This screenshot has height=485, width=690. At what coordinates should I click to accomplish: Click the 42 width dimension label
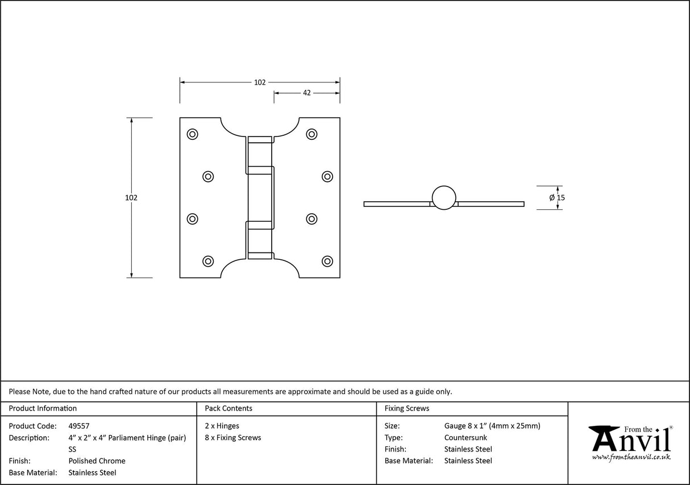pos(306,93)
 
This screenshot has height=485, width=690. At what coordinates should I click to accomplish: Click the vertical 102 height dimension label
pos(131,198)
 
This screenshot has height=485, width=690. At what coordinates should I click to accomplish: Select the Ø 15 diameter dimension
pos(557,198)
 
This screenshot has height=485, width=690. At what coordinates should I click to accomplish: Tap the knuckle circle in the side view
pos(443,197)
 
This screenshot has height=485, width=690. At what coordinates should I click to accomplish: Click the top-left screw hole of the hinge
pos(192,134)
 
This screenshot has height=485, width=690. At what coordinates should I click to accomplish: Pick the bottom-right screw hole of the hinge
pos(327,261)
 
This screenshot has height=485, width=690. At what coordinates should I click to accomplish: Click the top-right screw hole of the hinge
pos(311,134)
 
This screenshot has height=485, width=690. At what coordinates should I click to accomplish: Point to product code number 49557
pos(79,426)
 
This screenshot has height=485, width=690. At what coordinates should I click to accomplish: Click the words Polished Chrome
pos(97,461)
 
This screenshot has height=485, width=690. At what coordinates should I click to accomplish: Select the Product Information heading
pos(43,408)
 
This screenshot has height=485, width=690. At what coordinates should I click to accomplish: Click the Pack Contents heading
pos(228,408)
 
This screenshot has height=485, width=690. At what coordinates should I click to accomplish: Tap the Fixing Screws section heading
pos(407,408)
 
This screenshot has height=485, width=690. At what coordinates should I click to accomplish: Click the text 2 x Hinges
pos(222,426)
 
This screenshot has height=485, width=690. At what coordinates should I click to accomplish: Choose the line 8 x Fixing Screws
pos(233,438)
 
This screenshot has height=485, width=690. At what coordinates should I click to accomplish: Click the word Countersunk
pos(465,438)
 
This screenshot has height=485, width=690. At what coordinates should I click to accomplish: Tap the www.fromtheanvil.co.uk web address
pos(631,457)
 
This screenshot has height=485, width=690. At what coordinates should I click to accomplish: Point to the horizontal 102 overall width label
pos(260,82)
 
